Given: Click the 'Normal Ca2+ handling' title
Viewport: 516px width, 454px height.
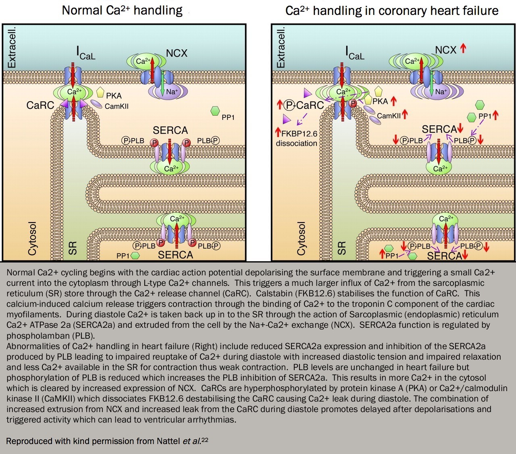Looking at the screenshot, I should coord(122,10).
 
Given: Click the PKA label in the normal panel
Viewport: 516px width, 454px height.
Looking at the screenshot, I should coord(114,96).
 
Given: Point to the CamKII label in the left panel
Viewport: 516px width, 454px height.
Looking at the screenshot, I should coord(117,106).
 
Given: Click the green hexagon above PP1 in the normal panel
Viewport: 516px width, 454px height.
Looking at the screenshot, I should coord(215,111).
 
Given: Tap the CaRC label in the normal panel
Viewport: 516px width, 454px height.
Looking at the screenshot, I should coord(40,105).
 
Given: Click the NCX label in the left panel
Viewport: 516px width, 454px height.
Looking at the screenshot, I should coord(177,53).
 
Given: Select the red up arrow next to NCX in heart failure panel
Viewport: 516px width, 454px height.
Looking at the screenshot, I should coord(463,49).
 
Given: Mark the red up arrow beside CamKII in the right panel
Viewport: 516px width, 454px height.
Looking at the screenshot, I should coord(405,114).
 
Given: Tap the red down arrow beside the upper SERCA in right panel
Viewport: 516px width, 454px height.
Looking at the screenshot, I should coord(460,129).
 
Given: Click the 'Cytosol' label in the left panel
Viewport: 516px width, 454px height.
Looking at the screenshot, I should coord(32,238).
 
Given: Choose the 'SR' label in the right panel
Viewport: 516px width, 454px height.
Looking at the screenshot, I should coord(341,248).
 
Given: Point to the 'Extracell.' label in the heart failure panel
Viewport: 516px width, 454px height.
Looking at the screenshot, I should coord(281,47).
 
